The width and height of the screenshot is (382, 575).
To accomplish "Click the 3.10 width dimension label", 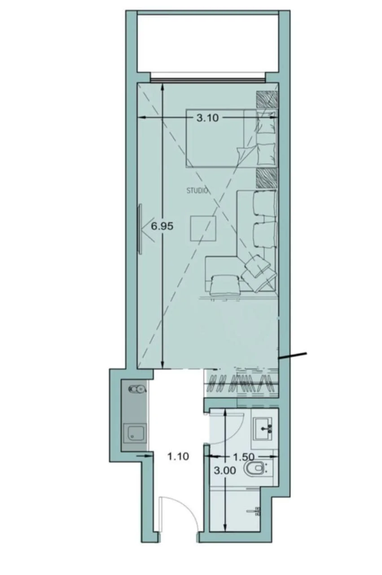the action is [207, 118].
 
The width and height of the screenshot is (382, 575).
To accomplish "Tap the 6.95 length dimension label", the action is [162, 226].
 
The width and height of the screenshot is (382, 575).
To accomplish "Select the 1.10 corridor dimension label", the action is [178, 456].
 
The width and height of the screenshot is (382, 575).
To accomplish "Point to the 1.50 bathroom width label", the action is [243, 457].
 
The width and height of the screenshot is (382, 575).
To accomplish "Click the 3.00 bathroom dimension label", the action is [225, 470].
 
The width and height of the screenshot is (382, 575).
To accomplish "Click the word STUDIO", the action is [197, 191].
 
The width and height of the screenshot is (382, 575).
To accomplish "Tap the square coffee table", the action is [203, 228].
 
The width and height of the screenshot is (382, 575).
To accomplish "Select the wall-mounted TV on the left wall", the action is [140, 229].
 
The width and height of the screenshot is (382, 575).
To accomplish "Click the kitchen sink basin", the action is [135, 433].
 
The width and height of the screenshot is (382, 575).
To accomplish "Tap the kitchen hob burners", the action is [137, 389].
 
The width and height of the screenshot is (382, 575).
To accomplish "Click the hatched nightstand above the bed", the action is [267, 100].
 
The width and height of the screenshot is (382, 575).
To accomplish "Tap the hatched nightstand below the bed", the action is [267, 178].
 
